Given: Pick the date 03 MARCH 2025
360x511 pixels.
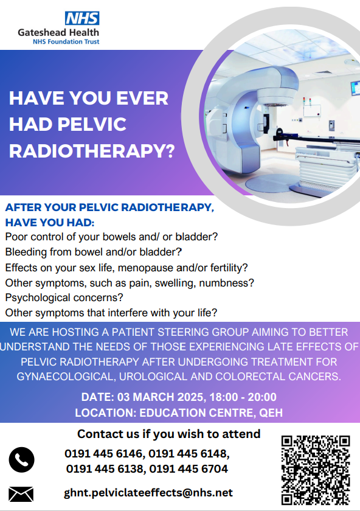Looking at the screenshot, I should (151, 398).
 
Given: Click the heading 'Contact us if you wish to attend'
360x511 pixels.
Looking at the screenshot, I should (169, 434).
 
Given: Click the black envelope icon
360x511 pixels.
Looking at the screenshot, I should (21, 493).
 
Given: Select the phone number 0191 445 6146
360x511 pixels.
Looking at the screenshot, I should (103, 454).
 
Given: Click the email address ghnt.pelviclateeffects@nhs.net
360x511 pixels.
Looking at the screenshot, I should (148, 493).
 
